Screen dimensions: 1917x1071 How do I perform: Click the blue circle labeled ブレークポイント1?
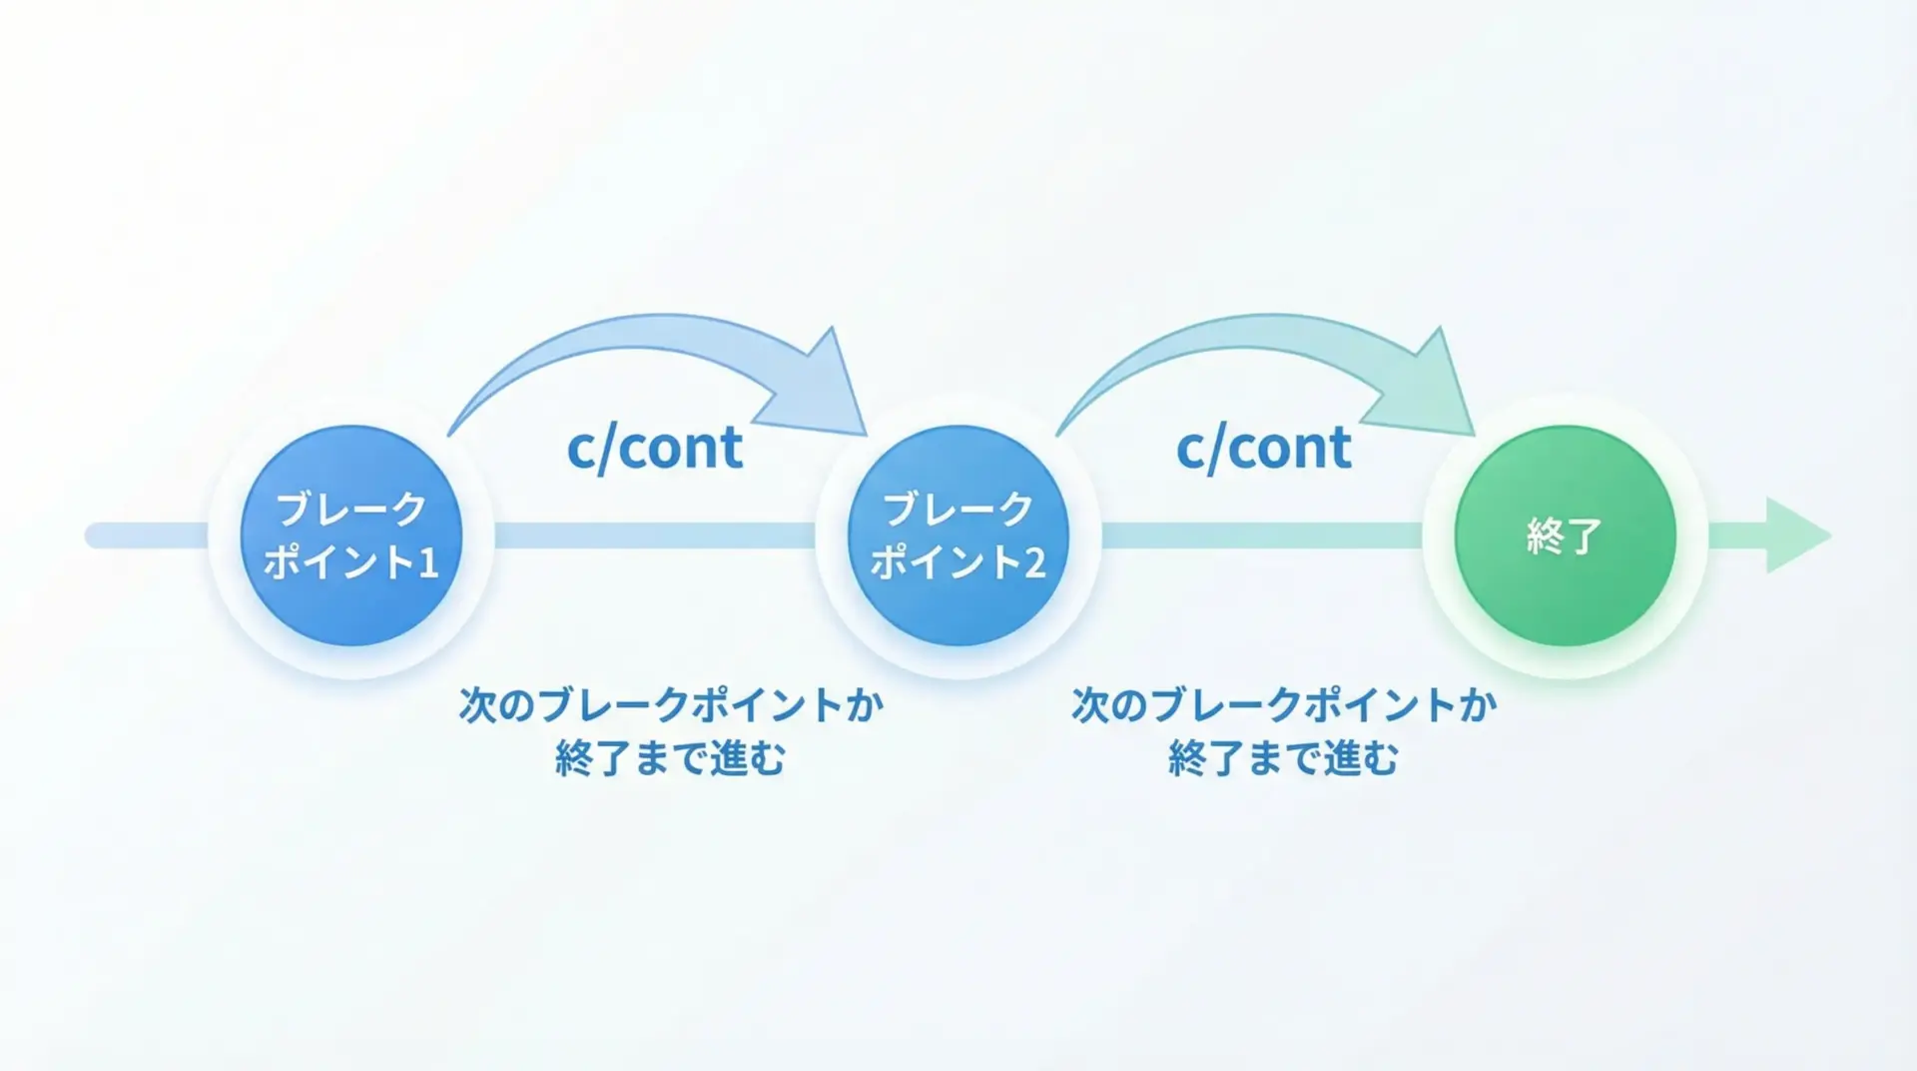pyautogui.click(x=351, y=535)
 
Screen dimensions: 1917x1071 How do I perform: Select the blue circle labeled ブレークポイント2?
pyautogui.click(x=958, y=535)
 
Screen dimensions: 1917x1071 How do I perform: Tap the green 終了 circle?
pyautogui.click(x=1565, y=535)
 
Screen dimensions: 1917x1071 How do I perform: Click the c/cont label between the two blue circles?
pyautogui.click(x=655, y=448)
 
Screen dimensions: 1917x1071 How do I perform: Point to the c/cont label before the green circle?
pyautogui.click(x=1264, y=448)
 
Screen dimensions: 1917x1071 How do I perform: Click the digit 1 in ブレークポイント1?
pyautogui.click(x=427, y=563)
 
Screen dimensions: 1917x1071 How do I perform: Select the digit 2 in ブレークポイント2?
pyautogui.click(x=1034, y=563)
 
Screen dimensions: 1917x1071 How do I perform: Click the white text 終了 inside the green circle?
pyautogui.click(x=1565, y=536)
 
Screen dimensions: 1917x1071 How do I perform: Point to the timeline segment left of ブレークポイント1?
pyautogui.click(x=150, y=535)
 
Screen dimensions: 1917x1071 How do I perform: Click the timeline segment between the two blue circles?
pyautogui.click(x=655, y=535)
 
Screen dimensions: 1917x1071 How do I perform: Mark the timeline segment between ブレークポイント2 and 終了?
pyautogui.click(x=1262, y=535)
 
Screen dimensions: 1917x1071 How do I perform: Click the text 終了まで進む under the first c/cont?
pyautogui.click(x=670, y=758)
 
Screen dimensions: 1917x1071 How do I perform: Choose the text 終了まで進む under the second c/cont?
pyautogui.click(x=1283, y=758)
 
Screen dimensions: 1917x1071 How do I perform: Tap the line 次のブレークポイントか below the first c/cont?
pyautogui.click(x=671, y=705)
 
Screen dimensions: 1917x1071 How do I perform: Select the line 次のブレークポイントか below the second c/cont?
pyautogui.click(x=1284, y=705)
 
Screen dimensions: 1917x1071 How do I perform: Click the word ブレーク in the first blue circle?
pyautogui.click(x=351, y=510)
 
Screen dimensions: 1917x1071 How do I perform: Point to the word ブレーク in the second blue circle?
pyautogui.click(x=958, y=510)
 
